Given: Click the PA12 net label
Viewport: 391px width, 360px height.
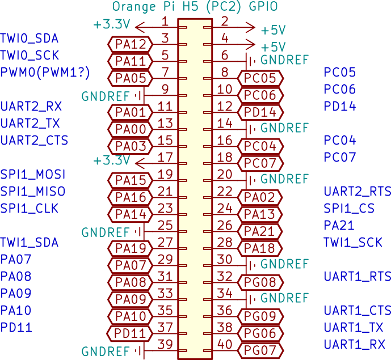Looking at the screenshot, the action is [130, 44].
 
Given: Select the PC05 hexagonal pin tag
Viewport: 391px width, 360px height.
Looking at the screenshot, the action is [260, 78].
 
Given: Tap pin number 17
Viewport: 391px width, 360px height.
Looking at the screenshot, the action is [165, 158].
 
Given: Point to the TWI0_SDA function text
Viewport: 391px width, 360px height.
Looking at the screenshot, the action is [29, 39].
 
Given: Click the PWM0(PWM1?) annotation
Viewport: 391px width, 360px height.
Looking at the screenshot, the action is [45, 73].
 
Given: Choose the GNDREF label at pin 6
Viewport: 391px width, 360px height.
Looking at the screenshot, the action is [284, 60].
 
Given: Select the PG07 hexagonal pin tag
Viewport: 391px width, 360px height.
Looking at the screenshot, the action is [260, 350].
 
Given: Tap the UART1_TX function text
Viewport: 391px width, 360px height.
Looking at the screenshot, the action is [353, 327].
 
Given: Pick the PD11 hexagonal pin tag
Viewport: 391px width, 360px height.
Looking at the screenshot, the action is [129, 333].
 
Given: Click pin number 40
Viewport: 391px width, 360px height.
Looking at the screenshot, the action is [225, 344].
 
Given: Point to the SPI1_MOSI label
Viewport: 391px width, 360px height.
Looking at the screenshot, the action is [33, 175].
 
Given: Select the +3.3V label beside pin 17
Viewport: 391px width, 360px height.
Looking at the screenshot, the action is [111, 160].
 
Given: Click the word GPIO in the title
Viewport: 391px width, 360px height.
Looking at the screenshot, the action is [263, 6].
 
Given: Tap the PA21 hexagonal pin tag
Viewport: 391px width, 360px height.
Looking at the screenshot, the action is [259, 231].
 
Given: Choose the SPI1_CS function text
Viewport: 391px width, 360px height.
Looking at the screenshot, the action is [349, 208].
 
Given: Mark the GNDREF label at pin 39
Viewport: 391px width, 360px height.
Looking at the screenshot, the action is [105, 351].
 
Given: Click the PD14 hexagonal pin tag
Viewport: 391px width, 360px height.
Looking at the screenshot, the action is [260, 112].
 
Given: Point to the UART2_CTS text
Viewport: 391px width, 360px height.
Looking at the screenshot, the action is [34, 141].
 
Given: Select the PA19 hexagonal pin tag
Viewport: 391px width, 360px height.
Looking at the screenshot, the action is [130, 248].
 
